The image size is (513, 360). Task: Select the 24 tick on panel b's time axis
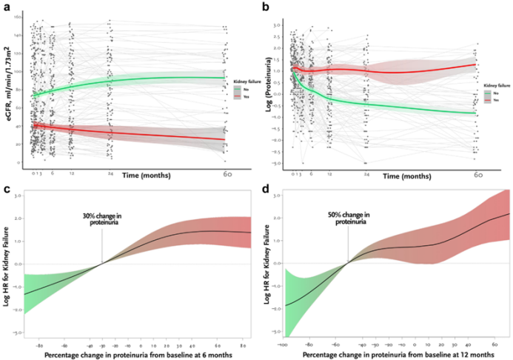point(366,175)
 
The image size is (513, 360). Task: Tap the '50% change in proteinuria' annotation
point(348,219)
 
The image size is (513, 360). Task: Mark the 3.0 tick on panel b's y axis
point(278,24)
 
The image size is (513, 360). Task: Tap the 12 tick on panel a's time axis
point(71,174)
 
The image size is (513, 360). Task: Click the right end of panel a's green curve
point(225,78)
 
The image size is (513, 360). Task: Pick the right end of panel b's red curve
point(477,64)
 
